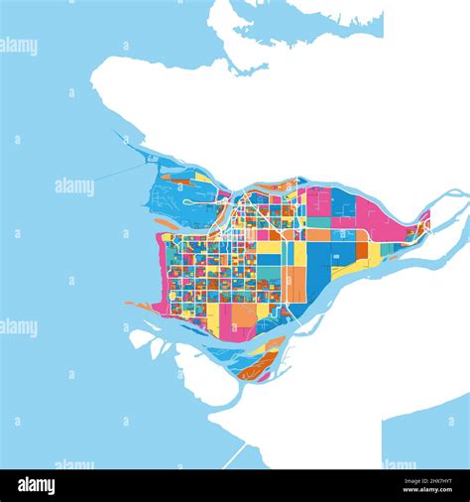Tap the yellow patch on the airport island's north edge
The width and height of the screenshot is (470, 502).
click(202, 177)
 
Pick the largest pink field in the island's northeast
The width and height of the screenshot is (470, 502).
click(369, 212)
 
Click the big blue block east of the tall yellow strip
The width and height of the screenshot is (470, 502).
click(320, 262)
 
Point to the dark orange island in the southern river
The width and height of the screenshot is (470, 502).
click(260, 367)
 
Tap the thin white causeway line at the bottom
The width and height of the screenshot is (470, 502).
click(235, 457)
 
